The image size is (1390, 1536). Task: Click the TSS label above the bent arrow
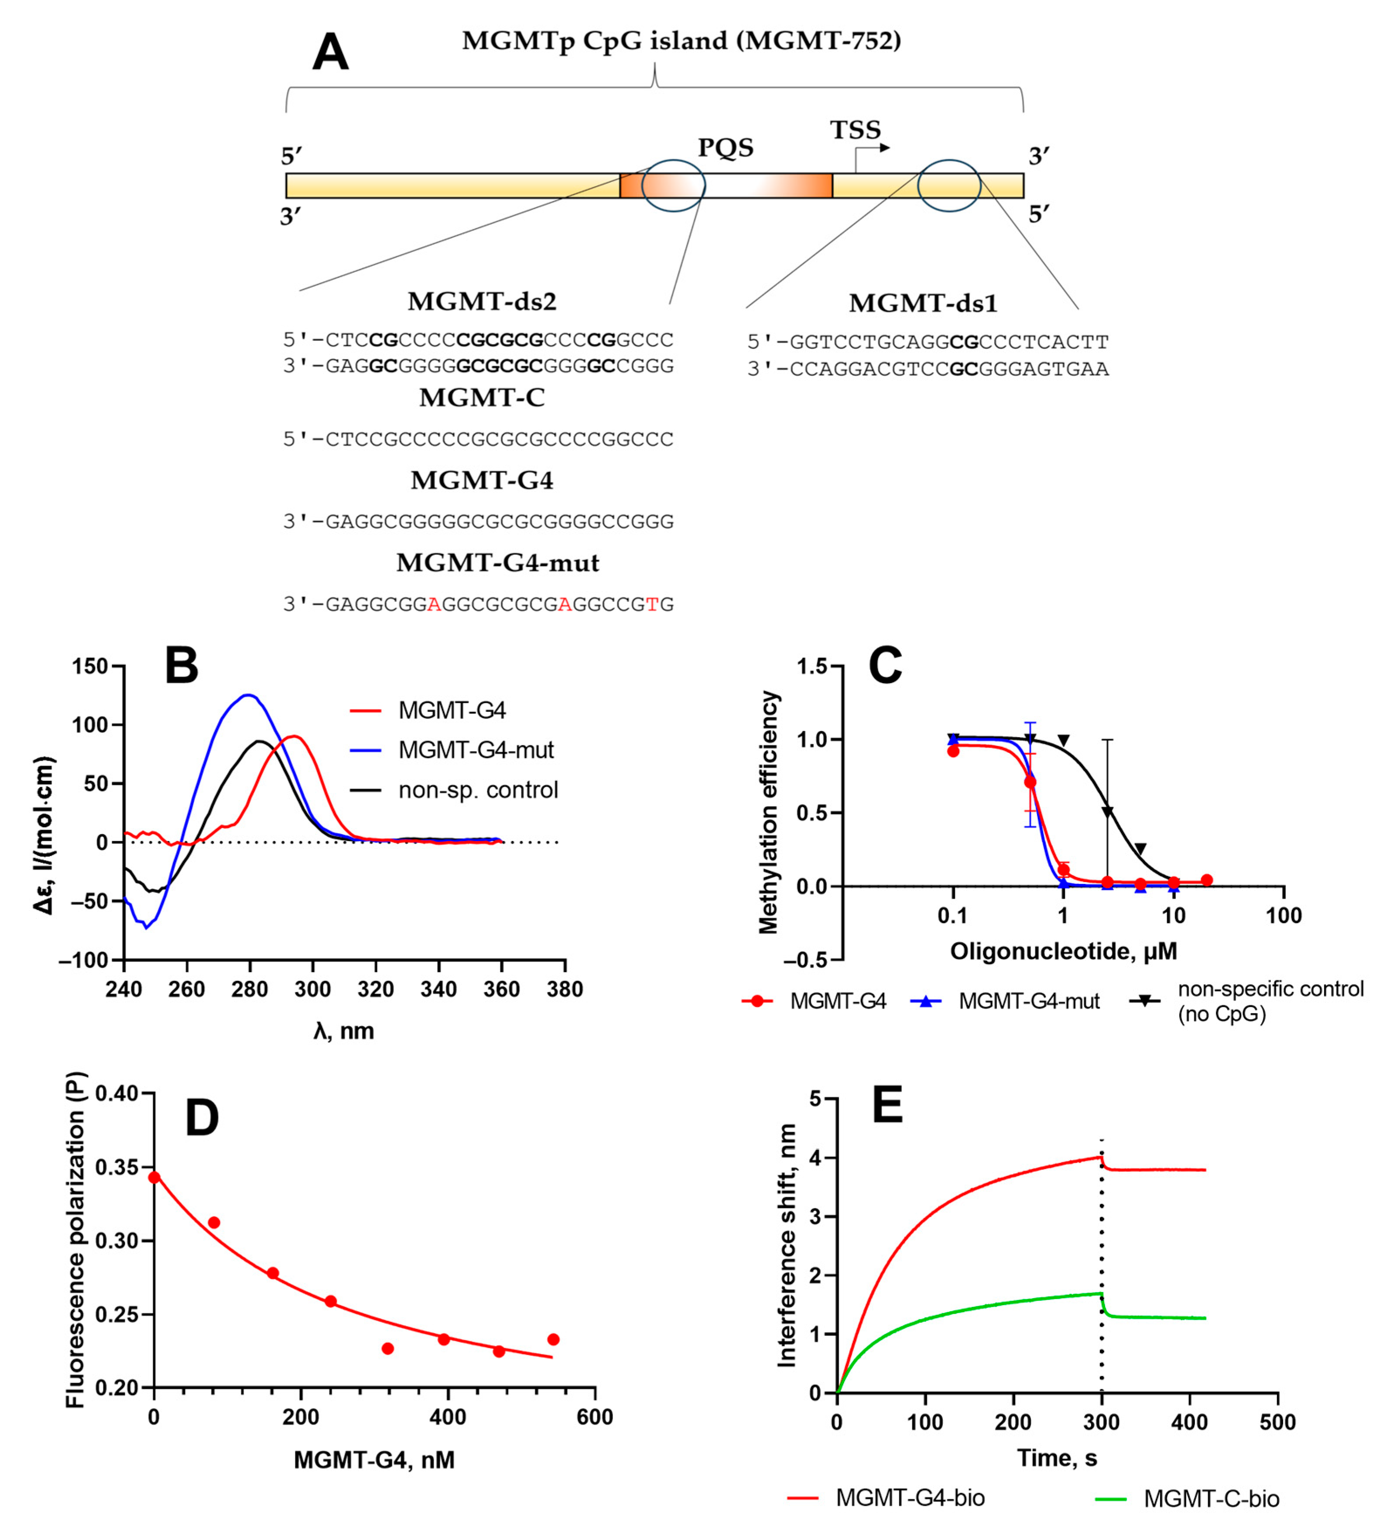coord(855,130)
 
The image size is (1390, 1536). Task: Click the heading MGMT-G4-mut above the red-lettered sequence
coord(497,563)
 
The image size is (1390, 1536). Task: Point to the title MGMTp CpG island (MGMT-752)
coord(681,41)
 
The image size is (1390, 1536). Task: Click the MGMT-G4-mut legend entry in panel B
coord(475,750)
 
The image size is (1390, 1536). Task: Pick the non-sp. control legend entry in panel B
coord(478,790)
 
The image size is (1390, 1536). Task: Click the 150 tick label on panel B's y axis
coord(90,667)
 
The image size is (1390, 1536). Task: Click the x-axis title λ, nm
coord(343,1031)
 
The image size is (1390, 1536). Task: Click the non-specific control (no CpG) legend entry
coord(1270,1001)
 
